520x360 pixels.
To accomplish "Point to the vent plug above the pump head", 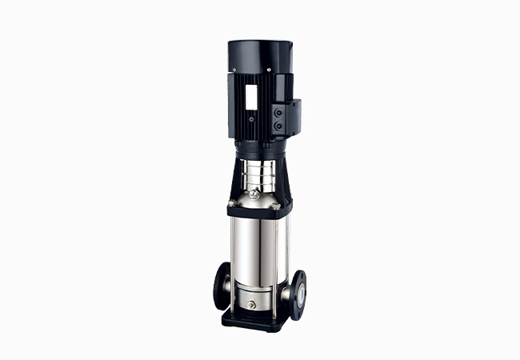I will click(254, 194).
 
